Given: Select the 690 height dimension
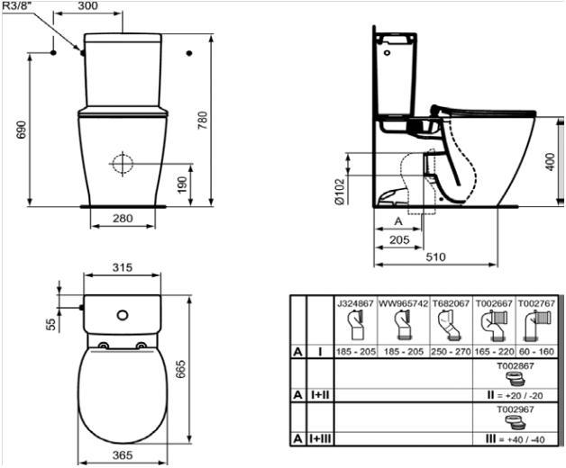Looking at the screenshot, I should click(20, 131).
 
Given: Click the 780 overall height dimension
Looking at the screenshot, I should click(203, 119).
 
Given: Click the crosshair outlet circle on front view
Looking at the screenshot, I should click(122, 164).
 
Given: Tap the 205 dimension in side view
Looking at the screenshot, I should click(399, 240).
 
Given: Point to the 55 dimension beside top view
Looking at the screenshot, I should click(51, 321).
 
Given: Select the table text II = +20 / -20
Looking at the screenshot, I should click(515, 393).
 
